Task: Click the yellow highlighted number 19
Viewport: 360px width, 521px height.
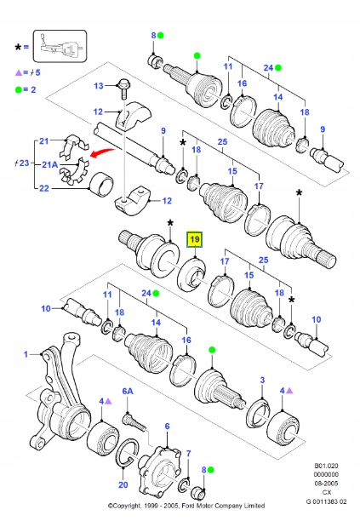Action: click(195, 239)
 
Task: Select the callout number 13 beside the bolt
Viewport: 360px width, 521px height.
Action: click(99, 86)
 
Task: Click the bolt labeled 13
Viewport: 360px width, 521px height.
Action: click(123, 89)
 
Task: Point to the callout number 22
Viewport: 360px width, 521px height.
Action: click(44, 188)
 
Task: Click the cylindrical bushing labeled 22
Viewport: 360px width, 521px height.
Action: click(101, 185)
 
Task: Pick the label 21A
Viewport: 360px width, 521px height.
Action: click(50, 164)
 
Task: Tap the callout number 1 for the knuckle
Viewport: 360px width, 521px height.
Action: click(26, 354)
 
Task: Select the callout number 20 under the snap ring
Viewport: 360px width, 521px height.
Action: click(123, 484)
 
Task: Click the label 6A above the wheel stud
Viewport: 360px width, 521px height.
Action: click(128, 391)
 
